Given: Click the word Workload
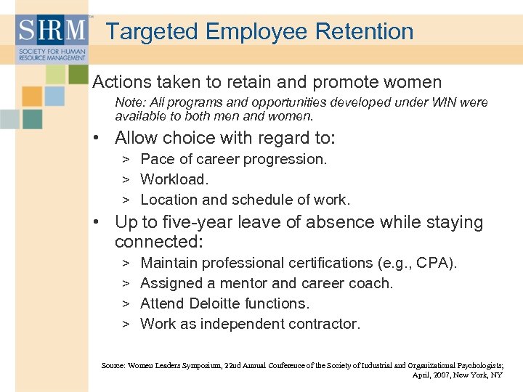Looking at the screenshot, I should point(174,179).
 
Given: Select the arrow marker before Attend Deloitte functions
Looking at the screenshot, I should point(126,303).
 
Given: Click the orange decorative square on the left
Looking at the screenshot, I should point(32,97).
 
